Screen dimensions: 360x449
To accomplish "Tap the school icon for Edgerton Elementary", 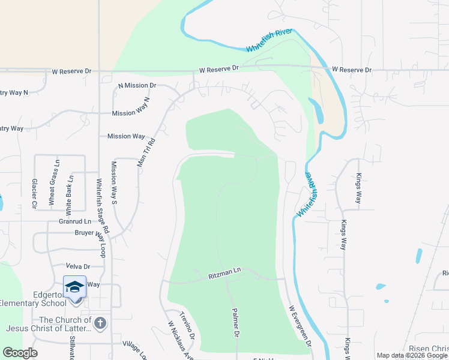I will tap(75, 287).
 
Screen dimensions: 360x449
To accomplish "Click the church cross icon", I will tap(100, 323).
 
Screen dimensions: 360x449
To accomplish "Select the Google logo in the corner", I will tap(20, 353).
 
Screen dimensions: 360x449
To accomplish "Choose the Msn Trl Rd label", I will tap(147, 153).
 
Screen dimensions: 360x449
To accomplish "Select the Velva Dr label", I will tap(78, 266).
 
